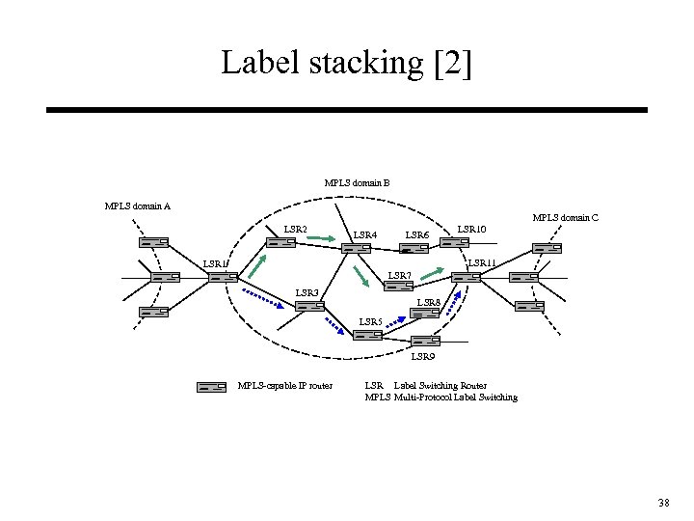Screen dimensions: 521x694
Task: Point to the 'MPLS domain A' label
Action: pos(137,205)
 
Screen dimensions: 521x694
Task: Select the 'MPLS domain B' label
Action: pos(357,182)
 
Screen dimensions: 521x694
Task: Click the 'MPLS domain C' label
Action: pos(566,218)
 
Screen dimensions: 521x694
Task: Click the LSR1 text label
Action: pos(215,264)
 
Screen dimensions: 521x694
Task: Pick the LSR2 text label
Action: pos(295,230)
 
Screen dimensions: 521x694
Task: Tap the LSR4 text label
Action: pos(365,234)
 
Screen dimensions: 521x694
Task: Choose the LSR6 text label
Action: pos(416,234)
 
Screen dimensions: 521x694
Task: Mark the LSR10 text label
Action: pos(471,230)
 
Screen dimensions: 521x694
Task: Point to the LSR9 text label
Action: pos(423,357)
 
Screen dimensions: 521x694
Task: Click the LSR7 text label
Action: pos(399,277)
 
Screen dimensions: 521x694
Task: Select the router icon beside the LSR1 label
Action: pos(223,278)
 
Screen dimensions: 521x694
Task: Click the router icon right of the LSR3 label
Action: pos(310,306)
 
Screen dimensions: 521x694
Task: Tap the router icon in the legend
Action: pos(211,387)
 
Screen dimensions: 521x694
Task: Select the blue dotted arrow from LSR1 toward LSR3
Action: pos(262,296)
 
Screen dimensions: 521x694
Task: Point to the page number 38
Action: pos(663,503)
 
